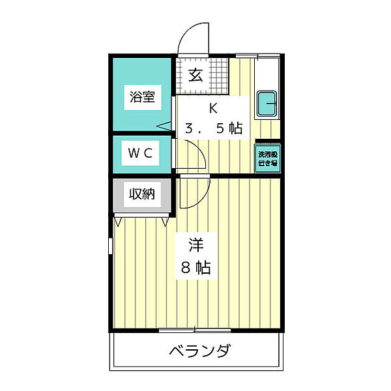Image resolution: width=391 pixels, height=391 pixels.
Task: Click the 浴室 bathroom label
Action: point(142,98)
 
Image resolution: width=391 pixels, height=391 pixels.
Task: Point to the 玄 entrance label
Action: point(195,74)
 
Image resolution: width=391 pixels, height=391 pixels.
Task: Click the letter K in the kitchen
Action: point(212,108)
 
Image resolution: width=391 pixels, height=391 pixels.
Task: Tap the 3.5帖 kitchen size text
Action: point(213,128)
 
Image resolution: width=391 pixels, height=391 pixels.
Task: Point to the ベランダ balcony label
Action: point(199,352)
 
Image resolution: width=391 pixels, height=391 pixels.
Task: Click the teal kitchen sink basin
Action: point(268,103)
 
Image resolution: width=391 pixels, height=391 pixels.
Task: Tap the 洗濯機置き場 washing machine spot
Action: point(267,159)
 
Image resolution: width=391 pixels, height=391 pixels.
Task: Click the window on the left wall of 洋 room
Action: point(110,254)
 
